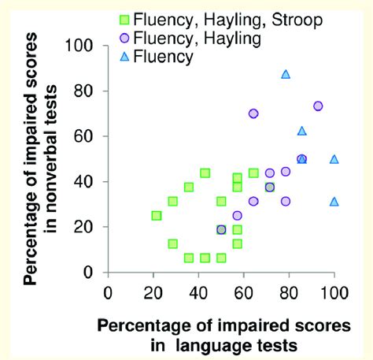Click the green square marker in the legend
point(123,18)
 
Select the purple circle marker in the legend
point(123,36)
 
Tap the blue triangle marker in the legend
point(123,55)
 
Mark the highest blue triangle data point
point(286,75)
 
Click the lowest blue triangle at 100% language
point(334,202)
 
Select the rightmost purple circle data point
point(318,106)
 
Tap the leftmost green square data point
point(156,215)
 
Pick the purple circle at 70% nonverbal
point(253,113)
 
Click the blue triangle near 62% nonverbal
point(301,131)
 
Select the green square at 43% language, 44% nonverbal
point(205,173)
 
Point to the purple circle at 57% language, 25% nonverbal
point(237,215)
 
